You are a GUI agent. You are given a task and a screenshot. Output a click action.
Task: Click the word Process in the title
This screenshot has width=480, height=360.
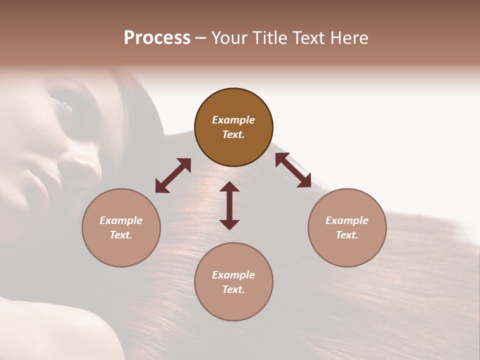pos(157,37)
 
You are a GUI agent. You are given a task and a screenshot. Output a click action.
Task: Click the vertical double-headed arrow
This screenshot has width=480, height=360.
pos(229,205)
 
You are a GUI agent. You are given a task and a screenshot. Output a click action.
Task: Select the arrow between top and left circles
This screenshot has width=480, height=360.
pos(173,175)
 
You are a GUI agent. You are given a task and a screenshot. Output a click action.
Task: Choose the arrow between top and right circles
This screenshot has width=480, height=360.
pos(293,170)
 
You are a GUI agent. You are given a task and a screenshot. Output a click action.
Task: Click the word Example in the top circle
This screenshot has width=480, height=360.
pos(233,120)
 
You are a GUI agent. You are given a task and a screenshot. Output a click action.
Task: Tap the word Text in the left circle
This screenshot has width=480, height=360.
pos(121,235)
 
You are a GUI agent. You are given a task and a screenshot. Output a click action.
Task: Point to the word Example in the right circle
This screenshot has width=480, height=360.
pos(347,220)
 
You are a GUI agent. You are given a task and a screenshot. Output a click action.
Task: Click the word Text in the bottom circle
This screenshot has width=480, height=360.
pos(233,289)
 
